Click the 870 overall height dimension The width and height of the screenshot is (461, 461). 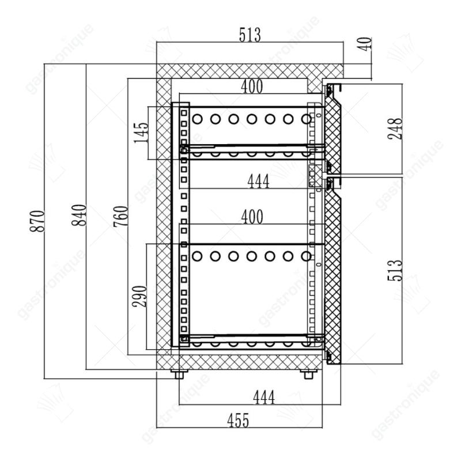click(37, 221)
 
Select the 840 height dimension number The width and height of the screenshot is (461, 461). click(80, 215)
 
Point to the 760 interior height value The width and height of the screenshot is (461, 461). click(121, 217)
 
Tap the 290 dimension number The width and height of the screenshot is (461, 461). click(139, 296)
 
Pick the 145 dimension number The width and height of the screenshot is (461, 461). click(141, 133)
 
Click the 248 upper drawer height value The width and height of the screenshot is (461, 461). click(395, 129)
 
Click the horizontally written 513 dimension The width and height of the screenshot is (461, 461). click(250, 35)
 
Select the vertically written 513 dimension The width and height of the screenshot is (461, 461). click(395, 270)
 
